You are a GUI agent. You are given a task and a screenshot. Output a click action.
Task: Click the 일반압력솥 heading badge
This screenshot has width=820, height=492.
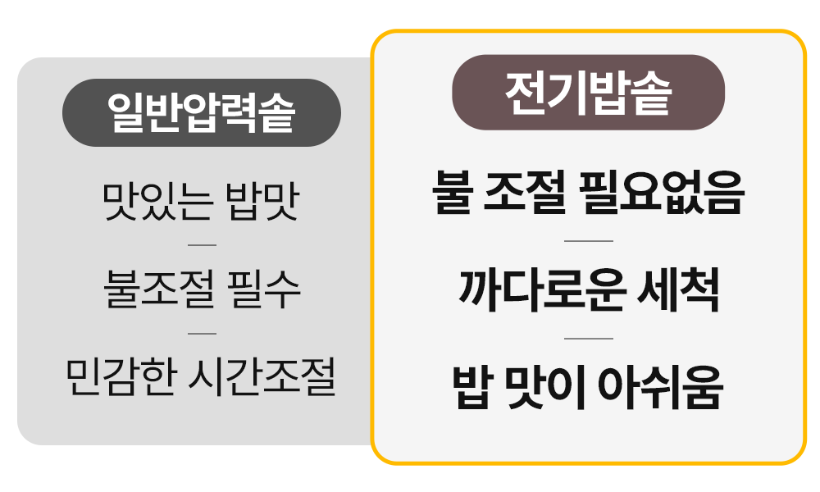(201, 113)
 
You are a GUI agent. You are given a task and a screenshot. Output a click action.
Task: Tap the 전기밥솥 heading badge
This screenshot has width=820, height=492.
(588, 93)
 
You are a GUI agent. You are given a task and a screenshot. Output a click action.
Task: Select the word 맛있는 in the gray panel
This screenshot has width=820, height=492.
(153, 202)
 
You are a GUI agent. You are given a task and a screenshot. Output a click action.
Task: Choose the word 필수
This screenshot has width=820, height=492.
(265, 289)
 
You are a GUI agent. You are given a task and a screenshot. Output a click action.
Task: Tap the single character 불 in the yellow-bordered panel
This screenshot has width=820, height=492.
(453, 194)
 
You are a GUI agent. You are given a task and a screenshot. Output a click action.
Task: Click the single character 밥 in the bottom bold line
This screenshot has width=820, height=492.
(471, 387)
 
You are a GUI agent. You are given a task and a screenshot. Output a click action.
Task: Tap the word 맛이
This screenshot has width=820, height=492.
(544, 387)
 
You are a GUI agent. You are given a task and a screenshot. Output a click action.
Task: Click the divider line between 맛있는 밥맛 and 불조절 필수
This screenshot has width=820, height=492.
(202, 245)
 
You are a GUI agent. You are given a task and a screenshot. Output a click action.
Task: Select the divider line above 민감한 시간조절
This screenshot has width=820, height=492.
(202, 334)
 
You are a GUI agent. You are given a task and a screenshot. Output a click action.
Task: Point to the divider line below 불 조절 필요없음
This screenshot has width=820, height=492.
(588, 241)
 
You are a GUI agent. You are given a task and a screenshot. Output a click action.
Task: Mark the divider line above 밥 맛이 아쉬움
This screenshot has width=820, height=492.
(588, 338)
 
